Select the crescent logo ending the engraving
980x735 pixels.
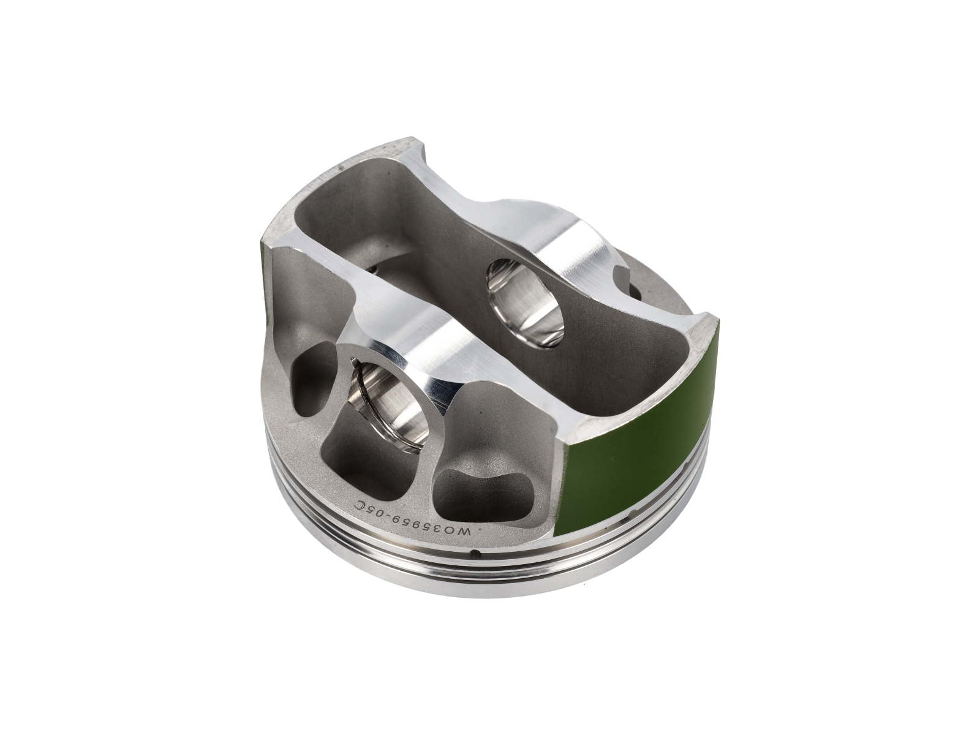359,504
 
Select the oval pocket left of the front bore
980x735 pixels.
312,379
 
